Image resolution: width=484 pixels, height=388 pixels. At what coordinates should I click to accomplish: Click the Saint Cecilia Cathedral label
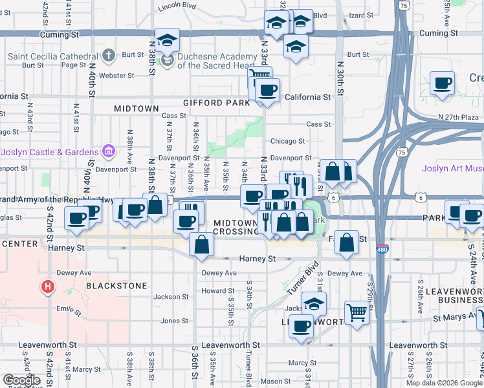(x=54, y=56)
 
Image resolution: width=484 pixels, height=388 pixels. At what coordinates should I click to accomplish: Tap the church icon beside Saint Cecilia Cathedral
(x=109, y=56)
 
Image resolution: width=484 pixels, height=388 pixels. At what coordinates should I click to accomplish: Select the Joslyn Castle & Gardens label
(x=50, y=153)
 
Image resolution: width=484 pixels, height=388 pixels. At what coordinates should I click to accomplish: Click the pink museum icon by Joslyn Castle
(x=109, y=153)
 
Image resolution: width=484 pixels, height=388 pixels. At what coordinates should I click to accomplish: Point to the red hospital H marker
(x=47, y=286)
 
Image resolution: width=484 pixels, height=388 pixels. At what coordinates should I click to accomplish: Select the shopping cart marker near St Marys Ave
(x=356, y=312)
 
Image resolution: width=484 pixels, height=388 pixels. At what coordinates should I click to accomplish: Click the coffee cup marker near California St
(x=267, y=91)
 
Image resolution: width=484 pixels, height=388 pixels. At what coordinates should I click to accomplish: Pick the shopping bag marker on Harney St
(x=202, y=244)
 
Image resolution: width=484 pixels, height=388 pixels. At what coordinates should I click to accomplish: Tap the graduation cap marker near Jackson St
(x=314, y=304)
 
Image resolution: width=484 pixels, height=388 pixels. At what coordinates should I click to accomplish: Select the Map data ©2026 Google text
(x=444, y=383)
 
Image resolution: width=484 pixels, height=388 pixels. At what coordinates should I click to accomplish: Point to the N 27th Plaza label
(x=459, y=116)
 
